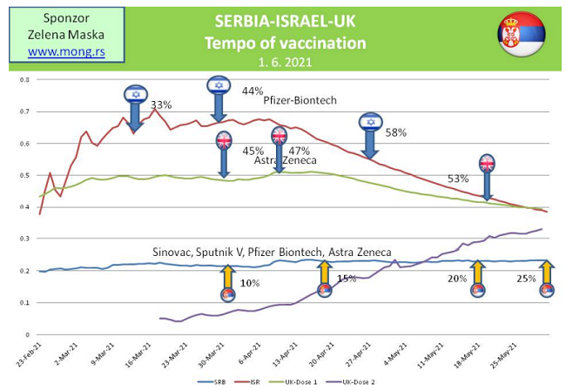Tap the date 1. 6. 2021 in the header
[x=285, y=63]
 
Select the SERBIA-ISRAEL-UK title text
[x=286, y=20]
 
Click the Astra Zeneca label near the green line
[x=285, y=160]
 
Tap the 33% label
[x=161, y=105]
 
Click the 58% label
[x=396, y=132]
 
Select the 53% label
[x=459, y=179]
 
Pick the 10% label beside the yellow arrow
[x=250, y=283]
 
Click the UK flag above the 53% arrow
[x=487, y=163]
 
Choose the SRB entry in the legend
[x=208, y=381]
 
